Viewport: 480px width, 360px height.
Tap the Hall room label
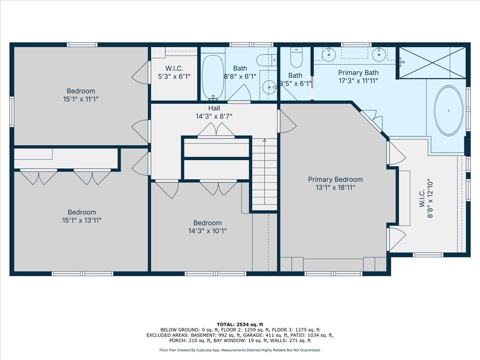click(x=214, y=108)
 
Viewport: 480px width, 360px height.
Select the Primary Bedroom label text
click(x=335, y=180)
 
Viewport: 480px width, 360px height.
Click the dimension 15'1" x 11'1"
click(x=81, y=99)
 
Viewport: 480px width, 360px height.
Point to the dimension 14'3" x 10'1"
click(x=207, y=231)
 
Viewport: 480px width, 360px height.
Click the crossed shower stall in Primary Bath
click(x=432, y=62)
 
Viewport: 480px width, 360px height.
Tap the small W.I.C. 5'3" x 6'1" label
click(x=174, y=72)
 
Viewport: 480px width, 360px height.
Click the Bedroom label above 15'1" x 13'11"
click(x=82, y=212)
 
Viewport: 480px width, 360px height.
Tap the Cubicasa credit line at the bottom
click(x=240, y=350)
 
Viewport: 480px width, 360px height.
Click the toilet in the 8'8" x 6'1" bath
click(x=266, y=60)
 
